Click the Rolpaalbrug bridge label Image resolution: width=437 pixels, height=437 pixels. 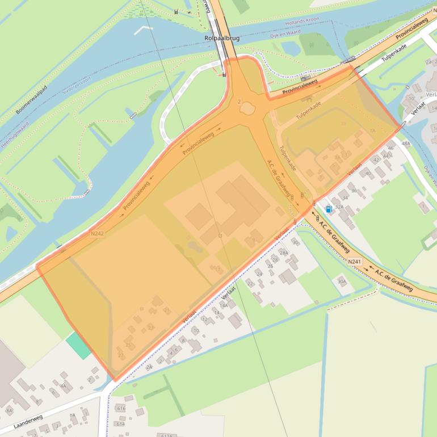click(x=219, y=39)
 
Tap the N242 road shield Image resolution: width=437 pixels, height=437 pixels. click(x=97, y=233)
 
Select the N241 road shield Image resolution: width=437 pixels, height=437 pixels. click(x=355, y=261)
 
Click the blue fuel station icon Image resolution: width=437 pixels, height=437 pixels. click(x=329, y=209)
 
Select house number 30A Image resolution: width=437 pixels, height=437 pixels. click(x=341, y=280)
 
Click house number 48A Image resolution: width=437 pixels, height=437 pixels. click(x=405, y=144)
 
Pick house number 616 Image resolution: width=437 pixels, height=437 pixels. click(x=121, y=407)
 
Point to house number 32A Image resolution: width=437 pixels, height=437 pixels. click(x=339, y=207)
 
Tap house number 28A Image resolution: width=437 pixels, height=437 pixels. click(x=284, y=253)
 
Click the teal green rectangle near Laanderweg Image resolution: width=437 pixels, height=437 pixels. click(x=78, y=345)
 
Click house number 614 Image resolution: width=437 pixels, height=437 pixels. click(x=120, y=423)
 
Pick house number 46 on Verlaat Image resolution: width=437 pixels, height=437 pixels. click(x=390, y=148)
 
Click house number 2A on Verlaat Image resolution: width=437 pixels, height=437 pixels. click(x=149, y=367)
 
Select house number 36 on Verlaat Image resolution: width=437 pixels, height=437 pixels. click(x=354, y=190)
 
